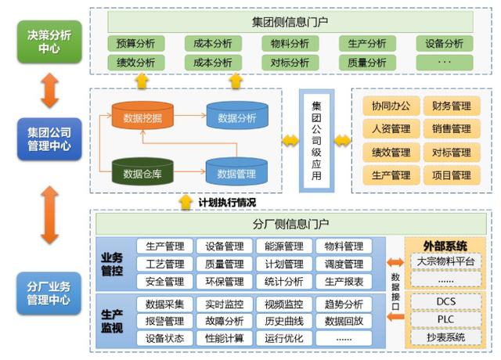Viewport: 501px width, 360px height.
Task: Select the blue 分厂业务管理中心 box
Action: (49, 292)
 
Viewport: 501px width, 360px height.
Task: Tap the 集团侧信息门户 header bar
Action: (291, 20)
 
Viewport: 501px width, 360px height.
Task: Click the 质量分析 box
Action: (366, 62)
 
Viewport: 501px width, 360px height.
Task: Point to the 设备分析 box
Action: (444, 44)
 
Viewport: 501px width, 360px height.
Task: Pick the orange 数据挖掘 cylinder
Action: (142, 118)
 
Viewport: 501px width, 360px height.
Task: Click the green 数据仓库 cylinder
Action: (142, 171)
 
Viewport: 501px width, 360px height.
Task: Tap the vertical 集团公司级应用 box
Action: (316, 141)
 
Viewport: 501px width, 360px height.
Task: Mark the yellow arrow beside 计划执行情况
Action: (186, 203)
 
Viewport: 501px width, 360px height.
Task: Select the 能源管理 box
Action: (279, 247)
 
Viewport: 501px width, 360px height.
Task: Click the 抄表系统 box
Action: (445, 337)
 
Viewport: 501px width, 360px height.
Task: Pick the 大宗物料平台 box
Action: (445, 261)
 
